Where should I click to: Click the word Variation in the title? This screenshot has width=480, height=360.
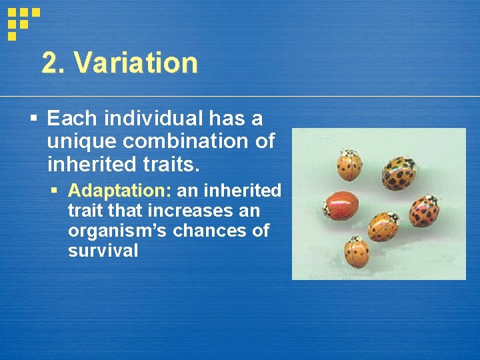pyautogui.click(x=136, y=63)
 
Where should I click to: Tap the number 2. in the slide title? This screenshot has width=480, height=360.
pyautogui.click(x=55, y=63)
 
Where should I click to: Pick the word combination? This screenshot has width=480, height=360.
pyautogui.click(x=199, y=141)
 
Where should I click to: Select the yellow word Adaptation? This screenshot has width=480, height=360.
pyautogui.click(x=120, y=191)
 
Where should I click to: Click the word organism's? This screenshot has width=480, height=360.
pyautogui.click(x=111, y=231)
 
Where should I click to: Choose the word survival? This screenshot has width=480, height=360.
pyautogui.click(x=103, y=251)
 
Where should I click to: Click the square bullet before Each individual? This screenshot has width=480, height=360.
pyautogui.click(x=34, y=119)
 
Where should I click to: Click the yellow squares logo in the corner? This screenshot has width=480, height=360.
pyautogui.click(x=23, y=22)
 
